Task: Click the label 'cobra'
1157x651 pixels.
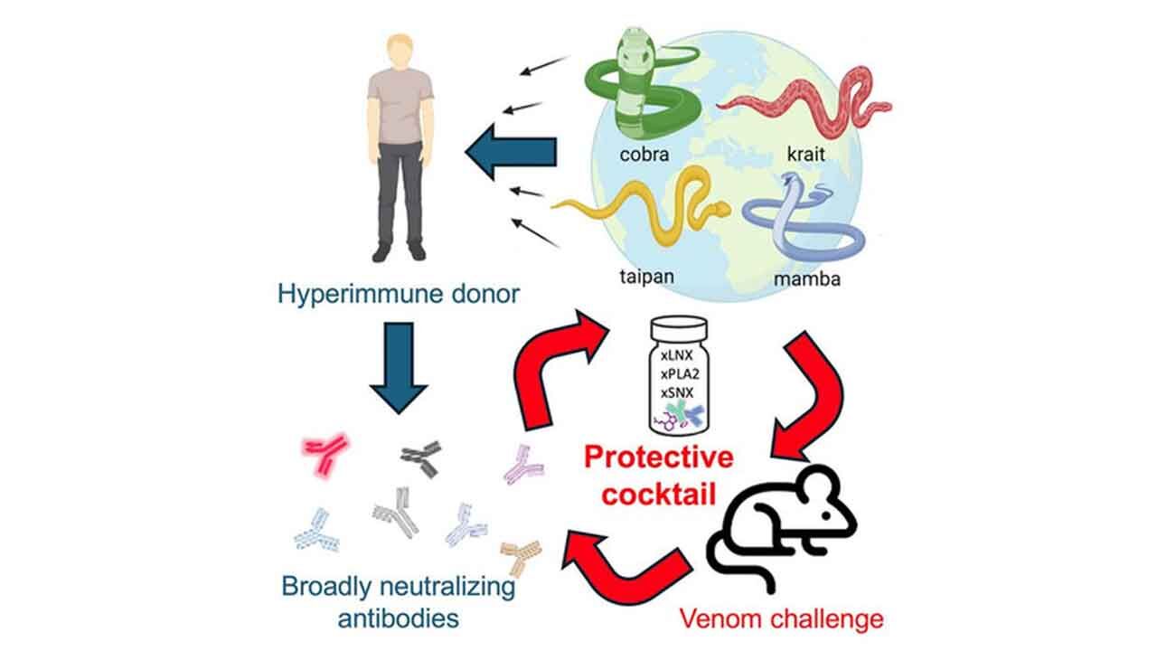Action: tap(644, 154)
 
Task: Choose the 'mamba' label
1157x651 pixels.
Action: tap(807, 278)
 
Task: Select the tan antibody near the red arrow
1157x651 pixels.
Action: tap(522, 555)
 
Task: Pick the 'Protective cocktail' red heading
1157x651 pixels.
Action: tap(657, 476)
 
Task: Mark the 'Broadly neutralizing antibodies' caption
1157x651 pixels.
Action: tap(399, 602)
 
